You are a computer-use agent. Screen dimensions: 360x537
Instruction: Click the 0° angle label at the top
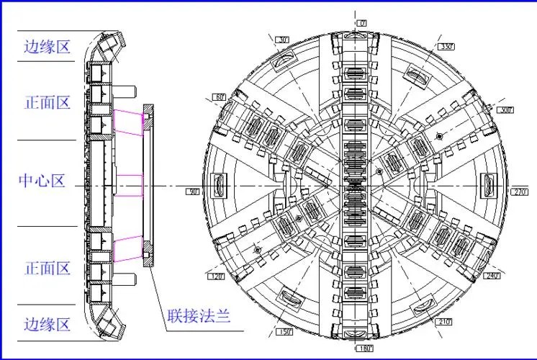pos(362,24)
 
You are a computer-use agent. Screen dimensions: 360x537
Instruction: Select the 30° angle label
pos(282,40)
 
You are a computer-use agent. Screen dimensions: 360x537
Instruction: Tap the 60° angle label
pos(220,96)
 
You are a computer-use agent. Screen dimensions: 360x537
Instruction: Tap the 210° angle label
pos(442,321)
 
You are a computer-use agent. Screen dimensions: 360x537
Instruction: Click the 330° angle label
pos(446,47)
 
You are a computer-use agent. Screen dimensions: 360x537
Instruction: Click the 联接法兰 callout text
pos(194,316)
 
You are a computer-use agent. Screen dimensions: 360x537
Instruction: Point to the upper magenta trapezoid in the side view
pos(128,123)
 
